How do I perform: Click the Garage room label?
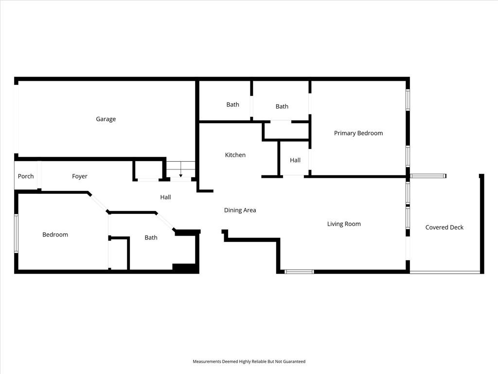pyautogui.click(x=106, y=119)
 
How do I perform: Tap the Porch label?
pyautogui.click(x=26, y=176)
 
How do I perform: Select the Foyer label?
pyautogui.click(x=79, y=176)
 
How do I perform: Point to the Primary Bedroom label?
pyautogui.click(x=358, y=133)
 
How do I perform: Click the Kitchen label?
pyautogui.click(x=235, y=155)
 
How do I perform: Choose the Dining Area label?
pyautogui.click(x=240, y=210)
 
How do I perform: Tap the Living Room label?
pyautogui.click(x=344, y=224)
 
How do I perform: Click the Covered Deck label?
pyautogui.click(x=445, y=227)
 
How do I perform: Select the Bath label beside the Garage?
pyautogui.click(x=233, y=105)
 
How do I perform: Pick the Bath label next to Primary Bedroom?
pyautogui.click(x=282, y=107)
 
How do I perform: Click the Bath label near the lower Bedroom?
pyautogui.click(x=151, y=238)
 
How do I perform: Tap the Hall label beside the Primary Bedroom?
pyautogui.click(x=295, y=160)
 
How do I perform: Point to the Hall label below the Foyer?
pyautogui.click(x=165, y=197)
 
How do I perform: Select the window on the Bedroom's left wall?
pyautogui.click(x=16, y=233)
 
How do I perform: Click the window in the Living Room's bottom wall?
pyautogui.click(x=299, y=272)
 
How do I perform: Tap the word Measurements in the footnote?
pyautogui.click(x=207, y=362)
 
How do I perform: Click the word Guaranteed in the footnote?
pyautogui.click(x=294, y=362)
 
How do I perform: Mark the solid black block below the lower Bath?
pyautogui.click(x=185, y=268)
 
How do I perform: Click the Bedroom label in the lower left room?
pyautogui.click(x=55, y=235)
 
